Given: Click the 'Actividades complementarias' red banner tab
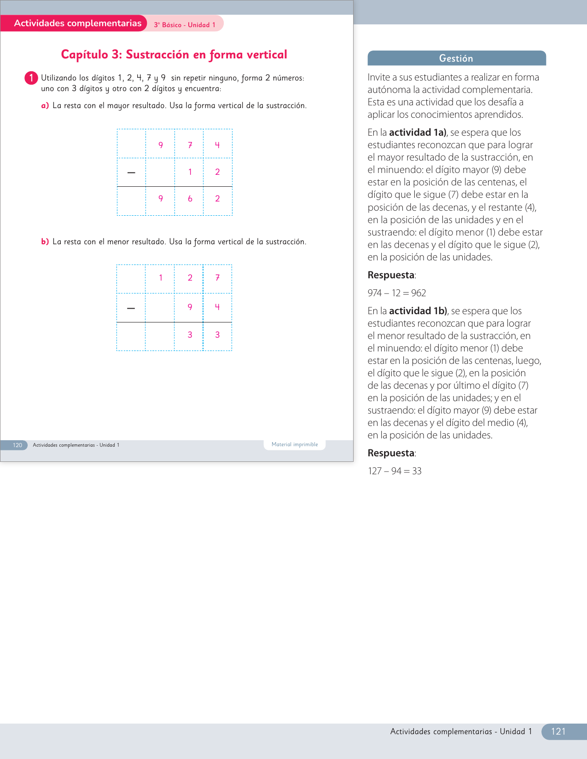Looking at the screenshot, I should point(77,23).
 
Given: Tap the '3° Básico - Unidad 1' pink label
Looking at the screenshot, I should point(185,25).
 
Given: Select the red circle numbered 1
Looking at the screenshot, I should point(31,78).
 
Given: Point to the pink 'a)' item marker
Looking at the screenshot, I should point(45,106).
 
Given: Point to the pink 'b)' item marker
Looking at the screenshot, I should point(45,242).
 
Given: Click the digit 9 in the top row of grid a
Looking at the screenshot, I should point(161,145).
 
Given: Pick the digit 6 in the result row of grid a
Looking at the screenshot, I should point(190,199).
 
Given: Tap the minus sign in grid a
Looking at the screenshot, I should point(131,172).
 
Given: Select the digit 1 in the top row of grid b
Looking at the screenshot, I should point(161,278).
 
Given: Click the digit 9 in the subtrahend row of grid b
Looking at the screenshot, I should point(190,307).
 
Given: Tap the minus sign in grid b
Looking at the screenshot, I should point(131,308).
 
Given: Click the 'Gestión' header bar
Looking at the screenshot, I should point(456,58).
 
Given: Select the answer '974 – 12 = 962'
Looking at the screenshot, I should point(397,293).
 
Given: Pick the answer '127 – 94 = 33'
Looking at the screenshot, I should point(395,471).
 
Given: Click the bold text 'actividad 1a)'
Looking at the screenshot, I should point(418,132).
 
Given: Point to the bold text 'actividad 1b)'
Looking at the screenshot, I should point(418,311).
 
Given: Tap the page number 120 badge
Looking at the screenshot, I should point(17,445).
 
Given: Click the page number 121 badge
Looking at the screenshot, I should point(558,731).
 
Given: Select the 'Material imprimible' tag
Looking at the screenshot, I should point(295,445).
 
